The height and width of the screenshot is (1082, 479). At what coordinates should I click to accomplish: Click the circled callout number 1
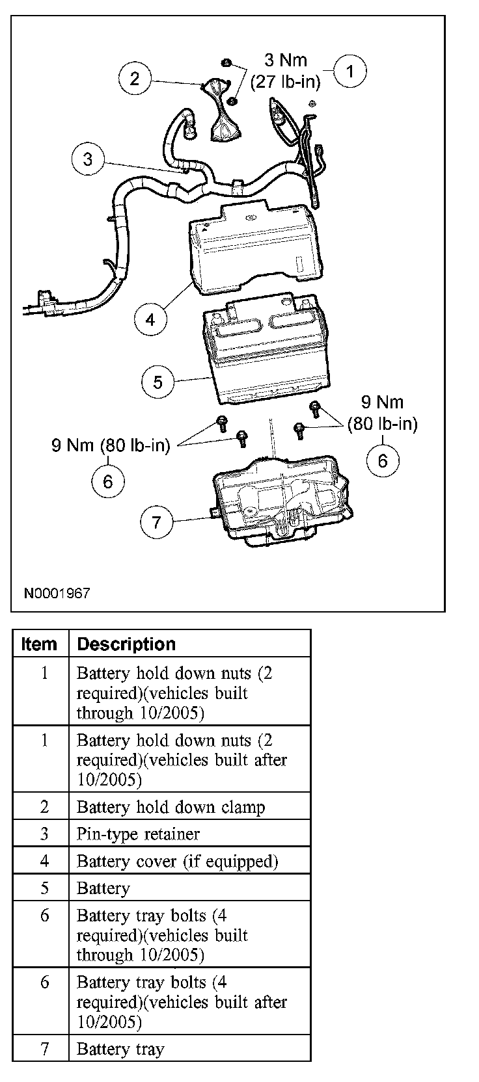coord(349,72)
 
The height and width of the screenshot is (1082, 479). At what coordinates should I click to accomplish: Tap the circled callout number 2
coord(135,79)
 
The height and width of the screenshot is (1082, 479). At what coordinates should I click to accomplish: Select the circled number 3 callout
coord(89,159)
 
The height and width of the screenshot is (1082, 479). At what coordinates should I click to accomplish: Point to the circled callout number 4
coord(151,319)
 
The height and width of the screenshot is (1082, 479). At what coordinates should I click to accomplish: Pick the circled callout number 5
coord(158,382)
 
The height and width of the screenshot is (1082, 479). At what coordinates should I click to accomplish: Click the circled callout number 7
coord(156,522)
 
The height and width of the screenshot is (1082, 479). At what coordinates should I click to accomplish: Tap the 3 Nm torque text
coord(286,60)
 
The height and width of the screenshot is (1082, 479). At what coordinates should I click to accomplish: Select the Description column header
coord(126,644)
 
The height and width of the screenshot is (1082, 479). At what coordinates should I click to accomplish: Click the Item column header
coord(39,644)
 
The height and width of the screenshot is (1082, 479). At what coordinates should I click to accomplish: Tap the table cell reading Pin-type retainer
coord(138,834)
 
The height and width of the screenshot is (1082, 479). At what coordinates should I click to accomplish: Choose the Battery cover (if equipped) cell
coord(177,861)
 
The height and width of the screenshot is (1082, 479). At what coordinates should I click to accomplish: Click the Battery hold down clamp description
coord(171,807)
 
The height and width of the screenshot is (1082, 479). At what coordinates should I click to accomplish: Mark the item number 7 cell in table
coord(44,1049)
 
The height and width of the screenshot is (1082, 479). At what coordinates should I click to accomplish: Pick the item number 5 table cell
coord(44,888)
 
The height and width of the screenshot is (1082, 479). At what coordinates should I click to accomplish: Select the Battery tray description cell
coord(120,1049)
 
